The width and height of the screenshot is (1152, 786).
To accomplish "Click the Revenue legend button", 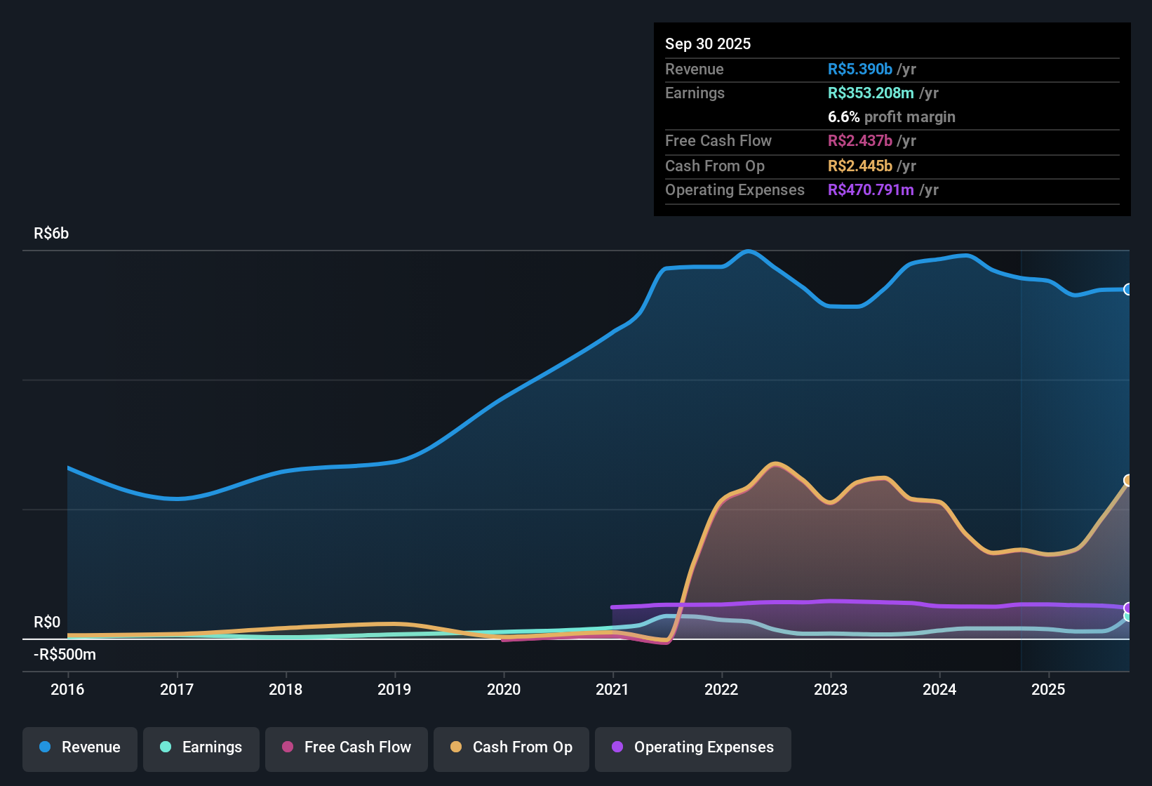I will coord(79,747).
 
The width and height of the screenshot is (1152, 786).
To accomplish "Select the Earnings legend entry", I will coord(201,747).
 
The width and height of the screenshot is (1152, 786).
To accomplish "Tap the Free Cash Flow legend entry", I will coord(346,747).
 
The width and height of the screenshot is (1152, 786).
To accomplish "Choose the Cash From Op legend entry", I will coord(511,747).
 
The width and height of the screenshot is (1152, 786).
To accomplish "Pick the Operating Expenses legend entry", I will coord(692,747).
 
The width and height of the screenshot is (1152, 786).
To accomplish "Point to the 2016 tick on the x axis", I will coord(67,689).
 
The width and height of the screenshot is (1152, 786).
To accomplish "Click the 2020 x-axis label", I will coord(504,689).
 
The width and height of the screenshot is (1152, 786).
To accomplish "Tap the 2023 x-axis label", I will coord(831,689).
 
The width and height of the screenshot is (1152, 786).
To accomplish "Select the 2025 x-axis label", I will coord(1048,689).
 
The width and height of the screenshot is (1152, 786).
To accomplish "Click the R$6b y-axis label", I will coord(51,234).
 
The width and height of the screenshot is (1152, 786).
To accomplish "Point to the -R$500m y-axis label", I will coord(65,655).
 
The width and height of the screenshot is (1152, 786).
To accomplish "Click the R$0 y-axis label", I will coord(47,622).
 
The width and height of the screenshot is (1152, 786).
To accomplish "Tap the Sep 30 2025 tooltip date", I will coord(707,44).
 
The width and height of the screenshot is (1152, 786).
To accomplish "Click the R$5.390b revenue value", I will coord(859,69).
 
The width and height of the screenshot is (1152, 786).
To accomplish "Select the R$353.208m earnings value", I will coord(870,93).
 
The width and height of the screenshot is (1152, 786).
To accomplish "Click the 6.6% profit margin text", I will coord(891,117).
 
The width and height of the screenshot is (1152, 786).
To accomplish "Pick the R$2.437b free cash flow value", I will coord(859,141).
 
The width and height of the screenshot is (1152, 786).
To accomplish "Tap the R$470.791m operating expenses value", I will coord(870,190).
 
